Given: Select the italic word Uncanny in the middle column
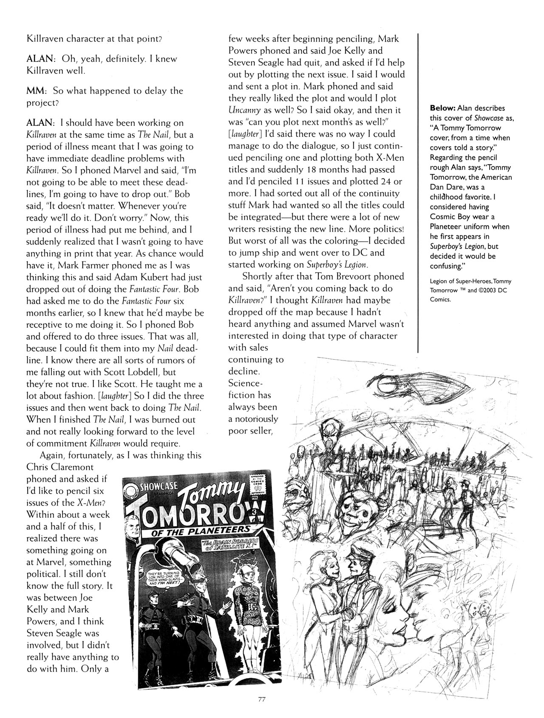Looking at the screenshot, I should (x=243, y=110).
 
